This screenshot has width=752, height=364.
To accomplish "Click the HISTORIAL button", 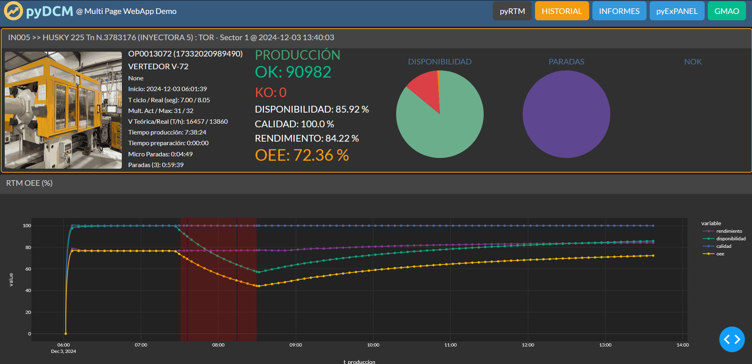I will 562,11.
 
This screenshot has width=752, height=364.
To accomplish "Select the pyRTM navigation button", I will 512,11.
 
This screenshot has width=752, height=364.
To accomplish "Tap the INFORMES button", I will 619,11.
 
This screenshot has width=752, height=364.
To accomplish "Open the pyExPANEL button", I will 677,11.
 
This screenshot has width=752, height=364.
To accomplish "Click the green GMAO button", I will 727,11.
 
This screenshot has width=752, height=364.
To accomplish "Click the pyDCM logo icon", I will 14,11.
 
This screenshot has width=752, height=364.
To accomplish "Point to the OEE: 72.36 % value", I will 302,155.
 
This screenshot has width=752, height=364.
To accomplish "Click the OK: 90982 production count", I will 293,72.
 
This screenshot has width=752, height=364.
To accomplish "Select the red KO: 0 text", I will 271,92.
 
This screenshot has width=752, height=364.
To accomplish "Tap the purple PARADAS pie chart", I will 566,114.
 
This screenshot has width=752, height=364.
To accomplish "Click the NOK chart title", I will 693,62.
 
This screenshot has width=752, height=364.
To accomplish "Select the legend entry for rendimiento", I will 729,231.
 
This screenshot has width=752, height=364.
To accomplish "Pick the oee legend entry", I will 720,254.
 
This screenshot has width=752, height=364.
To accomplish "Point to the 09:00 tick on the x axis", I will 295,345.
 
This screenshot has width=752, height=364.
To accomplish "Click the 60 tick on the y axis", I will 28,269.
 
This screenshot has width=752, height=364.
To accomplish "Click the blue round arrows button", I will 732,339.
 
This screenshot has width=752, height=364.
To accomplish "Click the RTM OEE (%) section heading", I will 29,183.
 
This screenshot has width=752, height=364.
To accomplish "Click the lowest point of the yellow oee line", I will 258,286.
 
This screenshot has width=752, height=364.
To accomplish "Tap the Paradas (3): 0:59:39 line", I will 156,165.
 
